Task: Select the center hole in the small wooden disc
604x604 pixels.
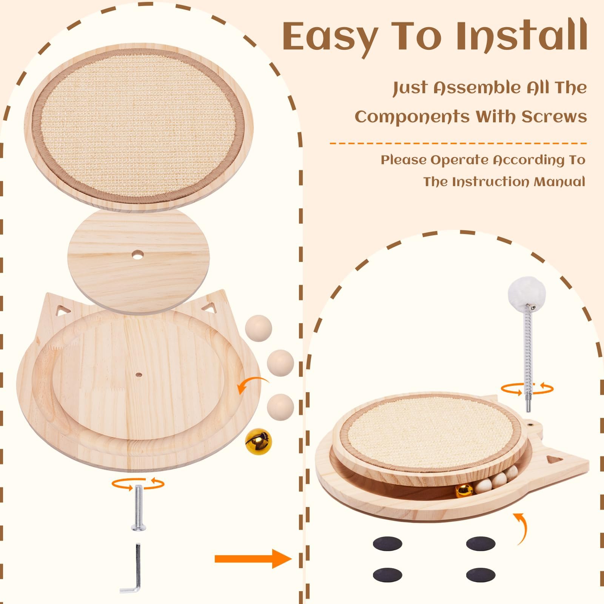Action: pyautogui.click(x=135, y=256)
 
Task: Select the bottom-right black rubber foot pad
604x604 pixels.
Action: pyautogui.click(x=481, y=575)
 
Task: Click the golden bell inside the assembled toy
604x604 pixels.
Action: pyautogui.click(x=463, y=490)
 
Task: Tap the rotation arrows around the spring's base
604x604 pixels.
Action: pyautogui.click(x=527, y=388)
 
